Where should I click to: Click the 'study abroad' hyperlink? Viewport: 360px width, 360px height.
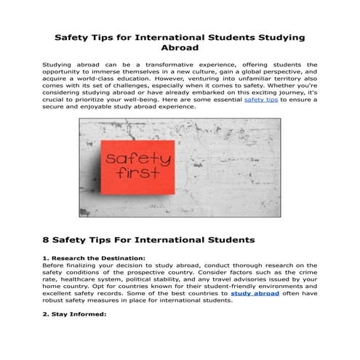255,293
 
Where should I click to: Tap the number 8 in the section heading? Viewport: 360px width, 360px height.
47,239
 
